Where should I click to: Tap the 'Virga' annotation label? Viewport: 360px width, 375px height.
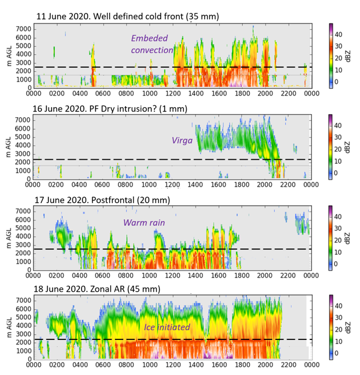coord(181,140)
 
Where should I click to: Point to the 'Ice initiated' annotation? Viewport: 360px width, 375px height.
coord(167,327)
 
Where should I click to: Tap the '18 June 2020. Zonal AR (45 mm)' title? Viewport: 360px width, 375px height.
coord(97,289)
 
